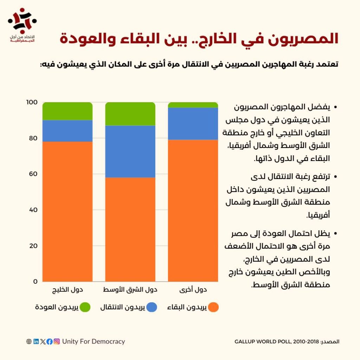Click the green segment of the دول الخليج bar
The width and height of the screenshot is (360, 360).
[67, 111]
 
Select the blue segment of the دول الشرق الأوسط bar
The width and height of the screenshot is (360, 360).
[130, 152]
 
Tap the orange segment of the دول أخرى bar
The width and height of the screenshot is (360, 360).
[193, 211]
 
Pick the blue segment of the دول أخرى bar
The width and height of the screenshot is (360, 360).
[193, 123]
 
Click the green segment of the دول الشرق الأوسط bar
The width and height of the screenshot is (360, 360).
[130, 114]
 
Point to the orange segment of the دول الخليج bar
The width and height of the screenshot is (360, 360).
[67, 211]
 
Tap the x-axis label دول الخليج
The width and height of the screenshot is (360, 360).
[67, 290]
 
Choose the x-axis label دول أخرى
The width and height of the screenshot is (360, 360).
[193, 290]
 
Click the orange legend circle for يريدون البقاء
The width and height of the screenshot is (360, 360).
[213, 307]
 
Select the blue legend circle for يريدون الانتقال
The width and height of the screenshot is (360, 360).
[152, 307]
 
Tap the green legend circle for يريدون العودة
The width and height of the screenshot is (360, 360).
[85, 307]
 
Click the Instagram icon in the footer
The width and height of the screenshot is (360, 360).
[57, 341]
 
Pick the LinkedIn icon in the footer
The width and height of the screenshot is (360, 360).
[36, 341]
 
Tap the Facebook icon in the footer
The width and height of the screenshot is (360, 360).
[50, 341]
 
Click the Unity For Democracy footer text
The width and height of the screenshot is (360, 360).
[94, 341]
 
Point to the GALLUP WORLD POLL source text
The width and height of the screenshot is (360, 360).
[277, 341]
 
